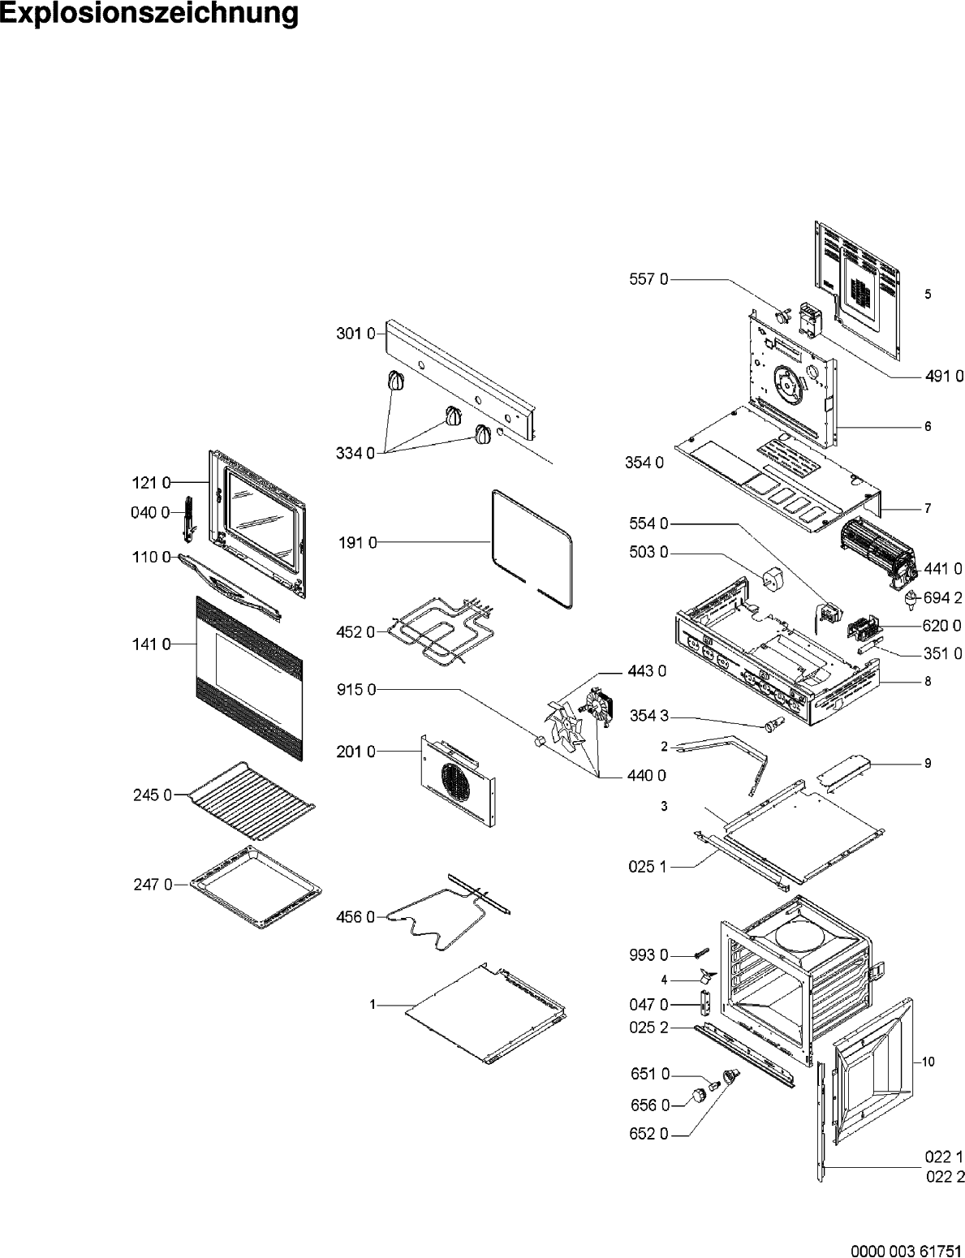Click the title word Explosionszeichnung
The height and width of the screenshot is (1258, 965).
(x=149, y=14)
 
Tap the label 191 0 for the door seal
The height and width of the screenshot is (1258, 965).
(x=357, y=543)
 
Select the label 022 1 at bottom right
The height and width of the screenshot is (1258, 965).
(x=943, y=1157)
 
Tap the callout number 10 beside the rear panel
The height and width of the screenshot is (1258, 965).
(x=928, y=1062)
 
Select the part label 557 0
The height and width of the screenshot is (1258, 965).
(x=649, y=279)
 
